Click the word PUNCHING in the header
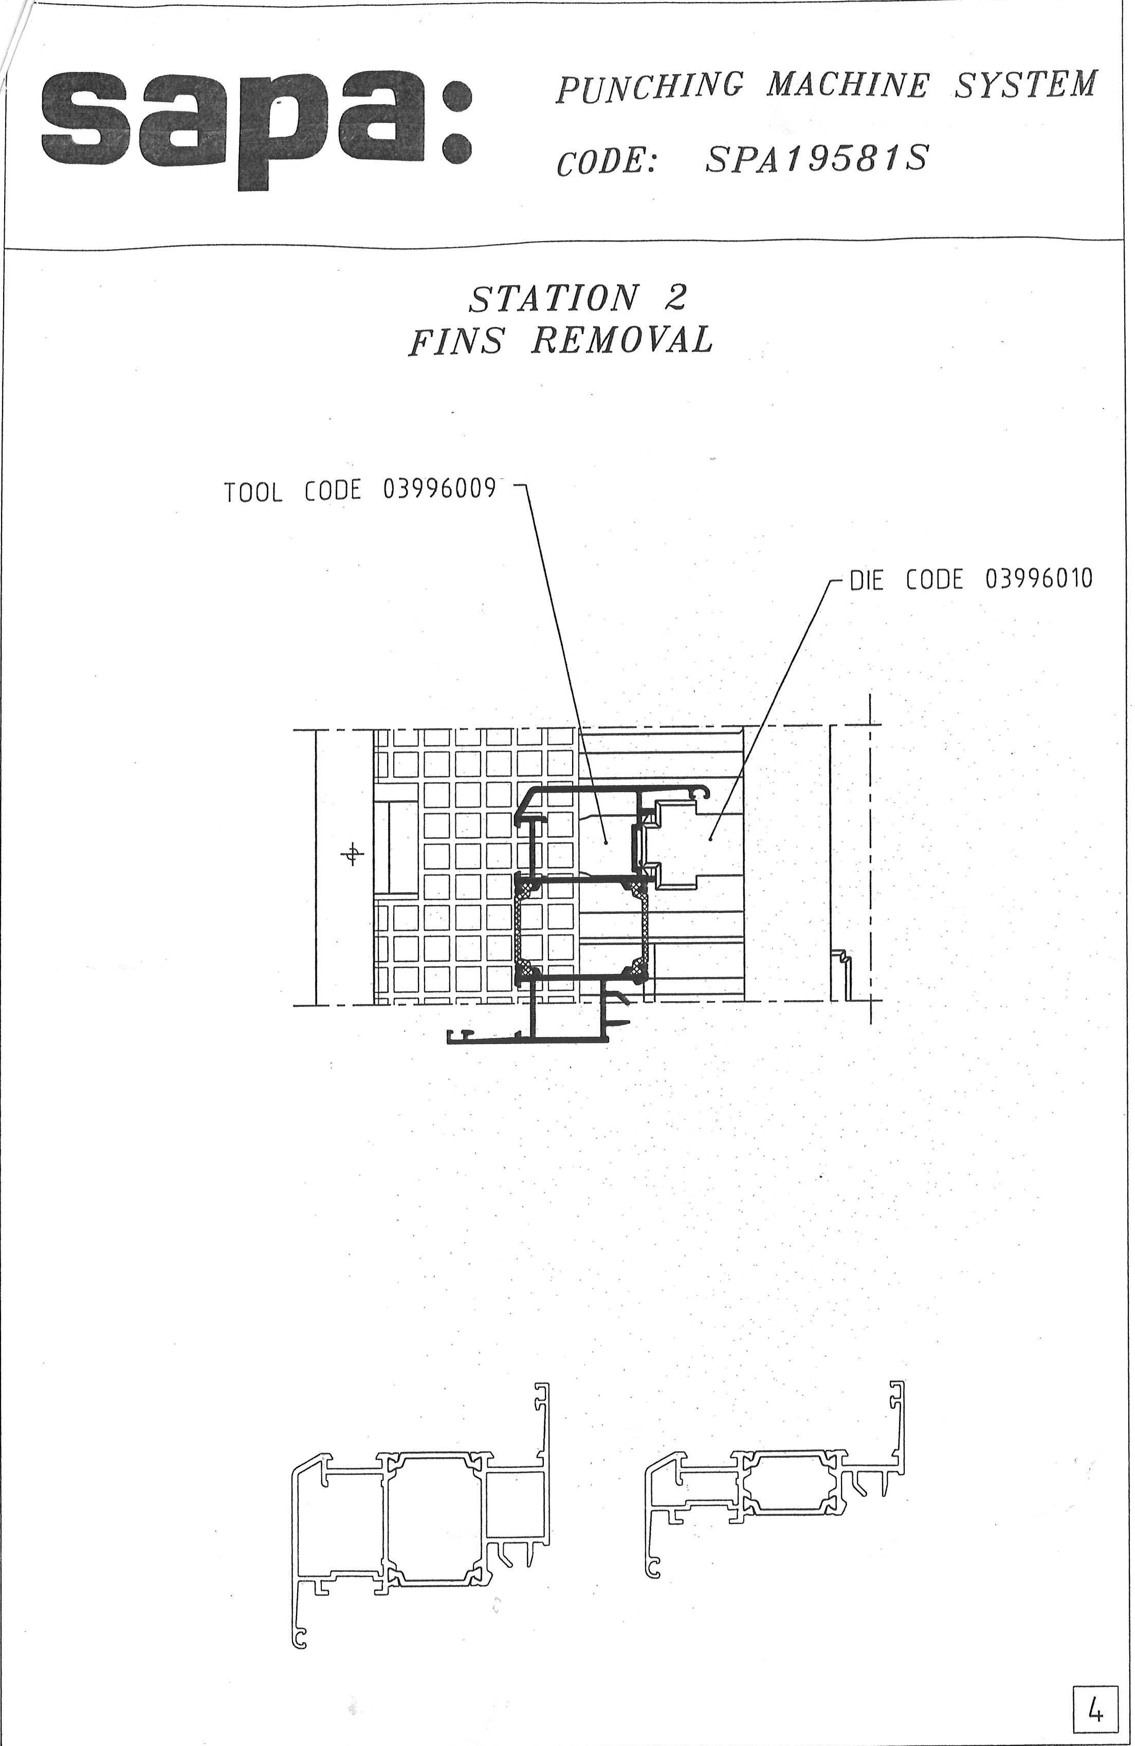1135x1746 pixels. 649,88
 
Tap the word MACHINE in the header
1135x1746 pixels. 848,85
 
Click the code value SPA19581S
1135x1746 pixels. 816,158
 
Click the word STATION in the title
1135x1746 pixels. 553,297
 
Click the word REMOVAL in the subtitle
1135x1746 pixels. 622,339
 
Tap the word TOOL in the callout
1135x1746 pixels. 253,492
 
